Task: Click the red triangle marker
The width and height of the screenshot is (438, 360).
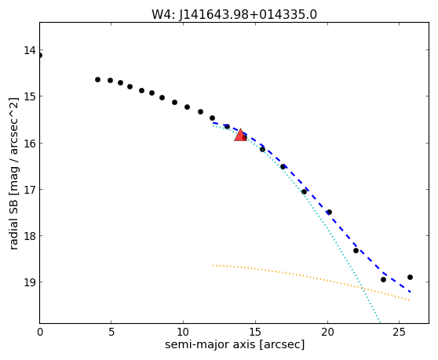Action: [x=240, y=136]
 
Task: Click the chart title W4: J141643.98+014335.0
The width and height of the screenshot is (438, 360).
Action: [x=234, y=14]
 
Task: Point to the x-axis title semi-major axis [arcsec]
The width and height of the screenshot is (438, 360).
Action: [x=235, y=344]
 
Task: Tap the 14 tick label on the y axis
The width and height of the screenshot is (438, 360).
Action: [x=30, y=50]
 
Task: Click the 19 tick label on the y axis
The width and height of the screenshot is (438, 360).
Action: [x=30, y=282]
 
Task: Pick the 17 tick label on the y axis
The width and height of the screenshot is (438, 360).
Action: [x=30, y=190]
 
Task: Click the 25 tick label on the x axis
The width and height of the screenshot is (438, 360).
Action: [x=399, y=332]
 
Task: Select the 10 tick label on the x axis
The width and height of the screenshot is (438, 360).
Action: [x=183, y=332]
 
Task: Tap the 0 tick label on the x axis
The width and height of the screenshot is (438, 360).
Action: [x=40, y=332]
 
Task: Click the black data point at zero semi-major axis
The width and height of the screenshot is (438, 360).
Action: [x=40, y=55]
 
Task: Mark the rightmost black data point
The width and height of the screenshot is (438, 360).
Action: [x=410, y=277]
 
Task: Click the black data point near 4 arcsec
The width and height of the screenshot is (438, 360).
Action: [x=97, y=79]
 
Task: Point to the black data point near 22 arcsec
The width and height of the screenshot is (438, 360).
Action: [x=356, y=251]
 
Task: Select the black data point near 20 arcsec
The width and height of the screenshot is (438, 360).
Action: [x=330, y=212]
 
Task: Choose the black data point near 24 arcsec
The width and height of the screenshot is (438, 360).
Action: [x=383, y=279]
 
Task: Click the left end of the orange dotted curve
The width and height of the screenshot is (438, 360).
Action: [x=214, y=265]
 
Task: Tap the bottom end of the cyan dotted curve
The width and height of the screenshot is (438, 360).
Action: [x=379, y=322]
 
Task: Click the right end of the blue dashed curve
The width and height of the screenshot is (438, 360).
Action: [x=410, y=292]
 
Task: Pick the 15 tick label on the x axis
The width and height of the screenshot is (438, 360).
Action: [x=255, y=332]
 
